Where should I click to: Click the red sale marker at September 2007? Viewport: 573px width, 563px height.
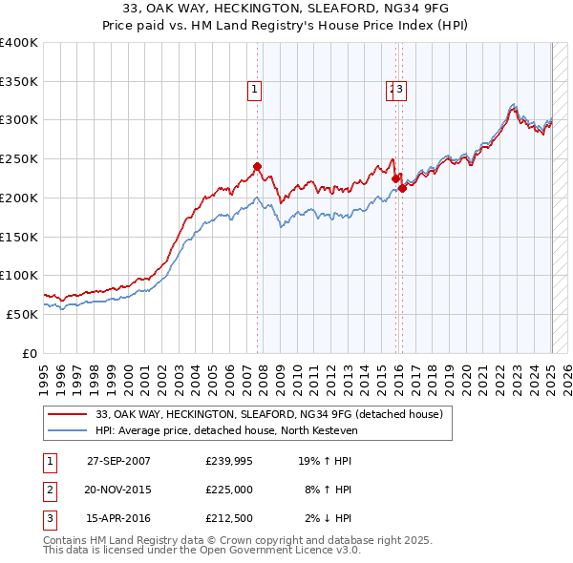click(x=257, y=166)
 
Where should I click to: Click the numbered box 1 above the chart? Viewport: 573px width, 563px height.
click(x=255, y=91)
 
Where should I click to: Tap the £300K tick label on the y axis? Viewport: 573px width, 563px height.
click(x=19, y=120)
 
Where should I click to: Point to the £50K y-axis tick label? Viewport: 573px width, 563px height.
click(x=22, y=314)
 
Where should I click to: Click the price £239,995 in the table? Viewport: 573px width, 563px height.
click(x=229, y=461)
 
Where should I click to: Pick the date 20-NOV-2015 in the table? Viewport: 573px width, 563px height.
click(x=118, y=490)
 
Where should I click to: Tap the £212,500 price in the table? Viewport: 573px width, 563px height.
click(x=229, y=518)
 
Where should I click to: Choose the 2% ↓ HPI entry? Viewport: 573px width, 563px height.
click(x=328, y=518)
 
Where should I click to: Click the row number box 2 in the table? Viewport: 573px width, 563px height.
click(x=49, y=490)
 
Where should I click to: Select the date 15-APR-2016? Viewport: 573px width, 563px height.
click(x=118, y=518)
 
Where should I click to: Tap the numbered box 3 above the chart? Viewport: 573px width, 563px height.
click(x=399, y=91)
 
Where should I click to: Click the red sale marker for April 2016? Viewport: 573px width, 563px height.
click(x=403, y=188)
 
